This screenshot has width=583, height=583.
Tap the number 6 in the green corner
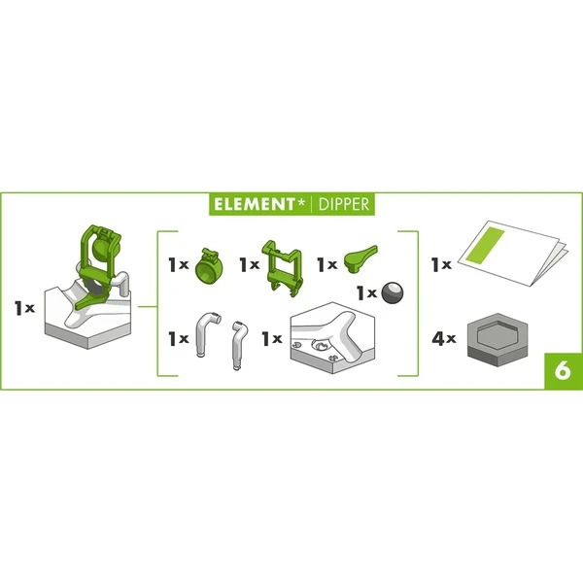click(x=562, y=369)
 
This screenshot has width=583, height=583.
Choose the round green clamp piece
click(x=208, y=265)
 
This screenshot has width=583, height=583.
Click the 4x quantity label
click(x=443, y=340)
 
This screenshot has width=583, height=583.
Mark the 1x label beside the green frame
click(x=249, y=264)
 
